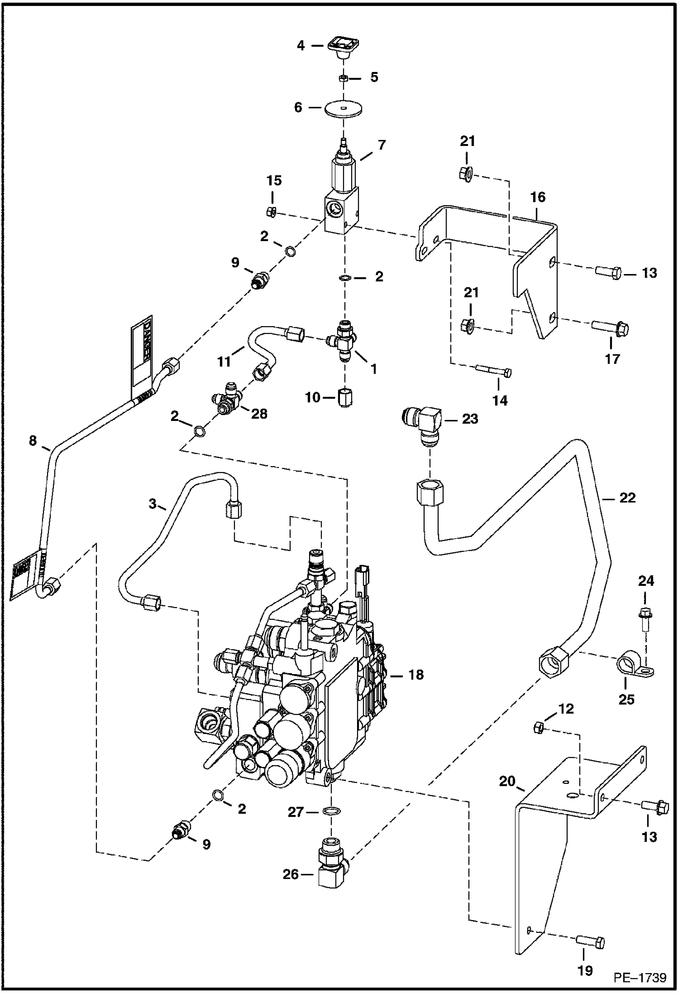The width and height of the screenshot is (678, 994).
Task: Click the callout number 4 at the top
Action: tap(301, 45)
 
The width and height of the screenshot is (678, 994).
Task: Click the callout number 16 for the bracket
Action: tap(538, 198)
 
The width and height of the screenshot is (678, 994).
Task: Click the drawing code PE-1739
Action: tap(640, 978)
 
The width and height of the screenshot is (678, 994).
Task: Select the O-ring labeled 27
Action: tap(332, 811)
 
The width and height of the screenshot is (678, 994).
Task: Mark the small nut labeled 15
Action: tap(272, 212)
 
